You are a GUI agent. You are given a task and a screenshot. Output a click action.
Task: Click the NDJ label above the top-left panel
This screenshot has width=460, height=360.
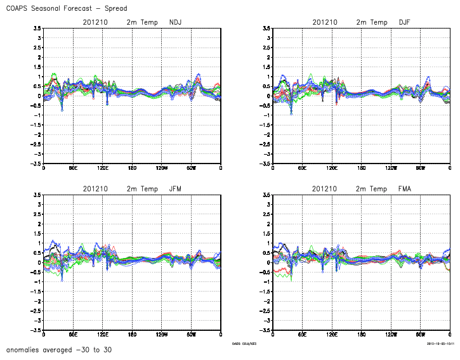point(176,22)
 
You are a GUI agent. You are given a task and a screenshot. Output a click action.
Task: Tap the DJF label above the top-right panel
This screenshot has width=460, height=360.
point(405,22)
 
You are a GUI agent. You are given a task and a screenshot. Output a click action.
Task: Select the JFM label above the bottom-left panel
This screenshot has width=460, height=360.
point(176,189)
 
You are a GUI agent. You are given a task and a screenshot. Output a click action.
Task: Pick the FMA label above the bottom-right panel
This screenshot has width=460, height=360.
point(405,189)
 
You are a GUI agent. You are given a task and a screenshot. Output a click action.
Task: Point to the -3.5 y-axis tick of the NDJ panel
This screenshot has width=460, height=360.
point(36,164)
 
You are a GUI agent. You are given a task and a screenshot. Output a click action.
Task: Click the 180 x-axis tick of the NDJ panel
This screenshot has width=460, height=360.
point(132,169)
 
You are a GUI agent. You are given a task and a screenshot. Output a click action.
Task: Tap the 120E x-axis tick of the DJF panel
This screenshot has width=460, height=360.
point(331,169)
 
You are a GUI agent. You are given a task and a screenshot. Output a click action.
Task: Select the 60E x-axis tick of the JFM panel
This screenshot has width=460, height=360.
point(73,335)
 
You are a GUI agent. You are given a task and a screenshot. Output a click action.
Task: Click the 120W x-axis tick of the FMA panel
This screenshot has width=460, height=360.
point(391,335)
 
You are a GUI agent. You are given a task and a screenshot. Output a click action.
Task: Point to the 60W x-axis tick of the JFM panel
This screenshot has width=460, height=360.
point(191,335)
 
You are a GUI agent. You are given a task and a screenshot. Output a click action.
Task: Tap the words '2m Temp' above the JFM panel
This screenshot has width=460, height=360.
point(142,189)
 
